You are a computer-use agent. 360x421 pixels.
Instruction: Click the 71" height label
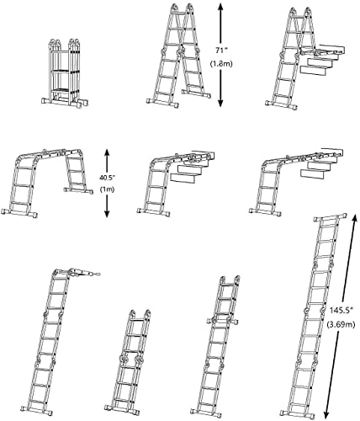click(242, 51)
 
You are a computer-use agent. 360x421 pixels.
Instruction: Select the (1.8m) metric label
click(243, 66)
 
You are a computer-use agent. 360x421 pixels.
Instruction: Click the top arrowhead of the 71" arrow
click(220, 7)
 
